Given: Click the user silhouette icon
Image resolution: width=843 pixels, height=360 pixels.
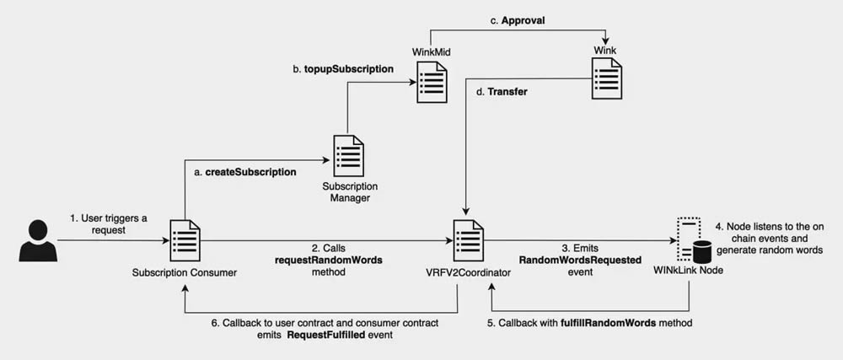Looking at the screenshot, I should click(x=36, y=239).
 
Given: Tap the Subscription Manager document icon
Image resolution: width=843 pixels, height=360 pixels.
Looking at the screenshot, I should click(x=349, y=154).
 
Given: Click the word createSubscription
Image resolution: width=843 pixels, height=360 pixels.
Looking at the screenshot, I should click(x=250, y=172).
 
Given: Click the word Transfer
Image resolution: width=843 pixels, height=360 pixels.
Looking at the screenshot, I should click(x=507, y=91).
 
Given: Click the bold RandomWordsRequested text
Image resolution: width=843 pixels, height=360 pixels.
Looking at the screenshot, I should click(x=580, y=261).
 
